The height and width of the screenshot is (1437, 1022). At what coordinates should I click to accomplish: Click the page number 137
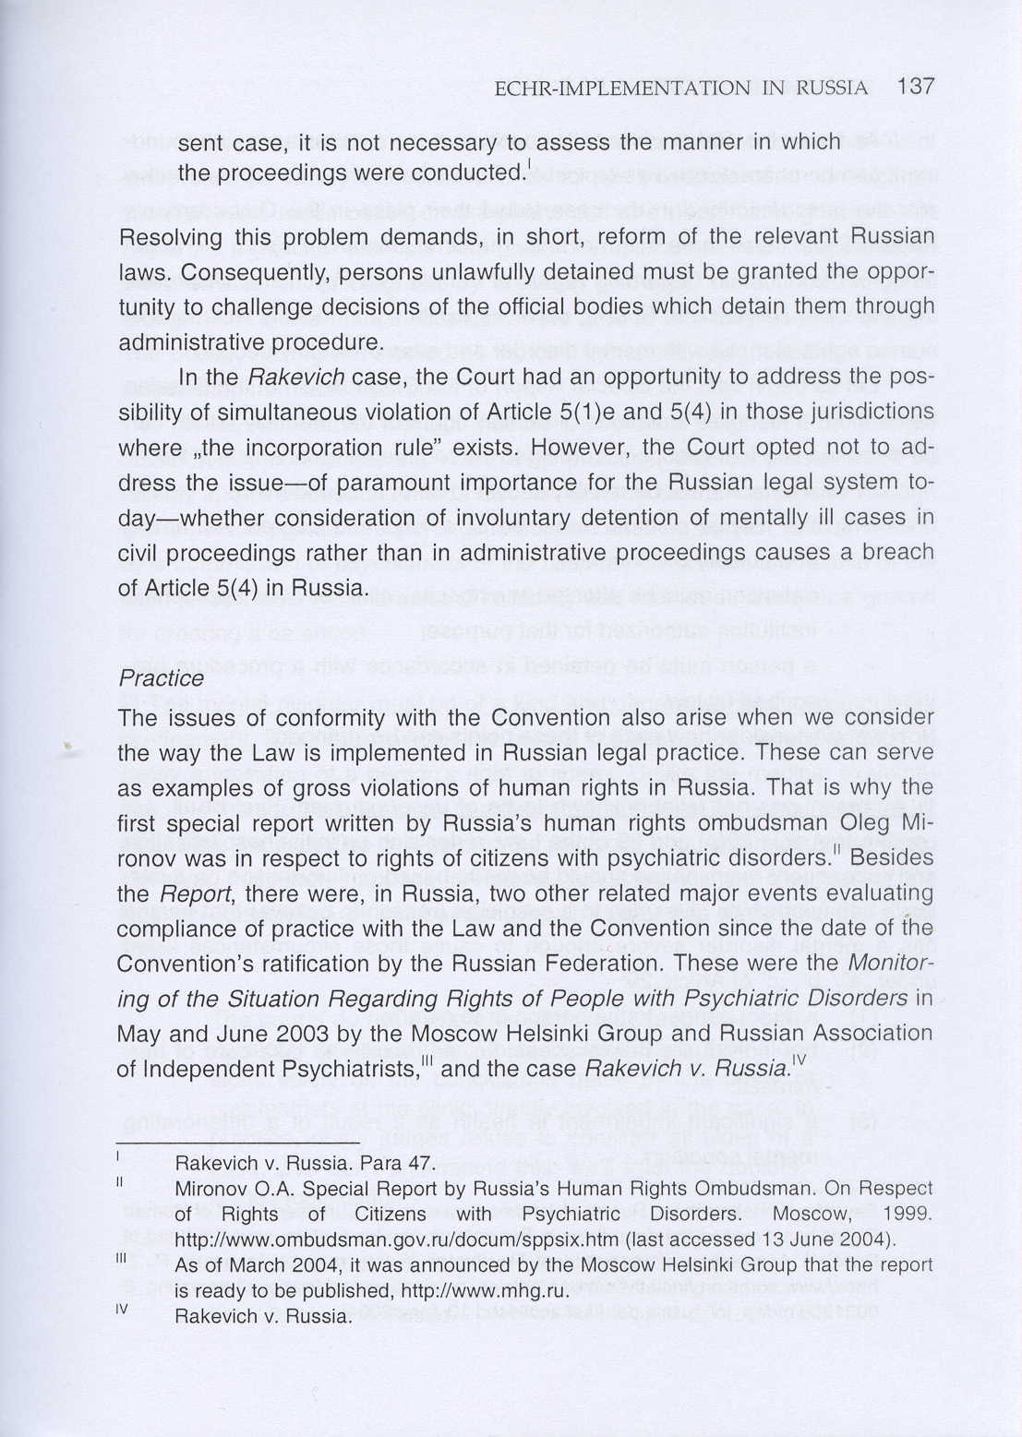coord(915,87)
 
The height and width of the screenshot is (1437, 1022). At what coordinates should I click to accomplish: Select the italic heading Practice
coord(162,678)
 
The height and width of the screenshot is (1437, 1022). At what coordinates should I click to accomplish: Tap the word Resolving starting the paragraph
coord(172,237)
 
